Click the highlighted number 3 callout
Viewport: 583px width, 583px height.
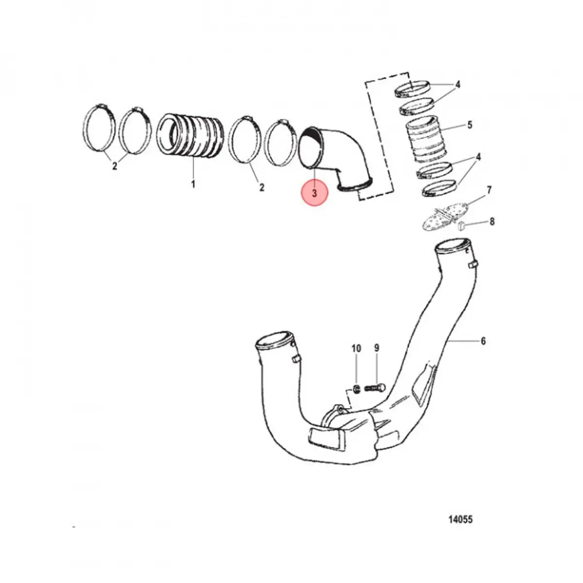314,193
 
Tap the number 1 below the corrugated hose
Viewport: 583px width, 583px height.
193,185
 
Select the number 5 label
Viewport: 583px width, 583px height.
469,125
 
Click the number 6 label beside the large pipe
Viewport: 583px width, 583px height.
483,342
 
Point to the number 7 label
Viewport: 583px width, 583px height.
489,190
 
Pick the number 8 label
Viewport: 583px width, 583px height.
492,222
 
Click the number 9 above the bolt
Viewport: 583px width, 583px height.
377,348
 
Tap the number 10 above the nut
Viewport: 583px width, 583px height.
356,348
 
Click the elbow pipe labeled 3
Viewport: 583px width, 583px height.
335,155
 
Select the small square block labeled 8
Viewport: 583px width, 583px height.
462,225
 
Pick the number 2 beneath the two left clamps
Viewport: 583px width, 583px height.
115,166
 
